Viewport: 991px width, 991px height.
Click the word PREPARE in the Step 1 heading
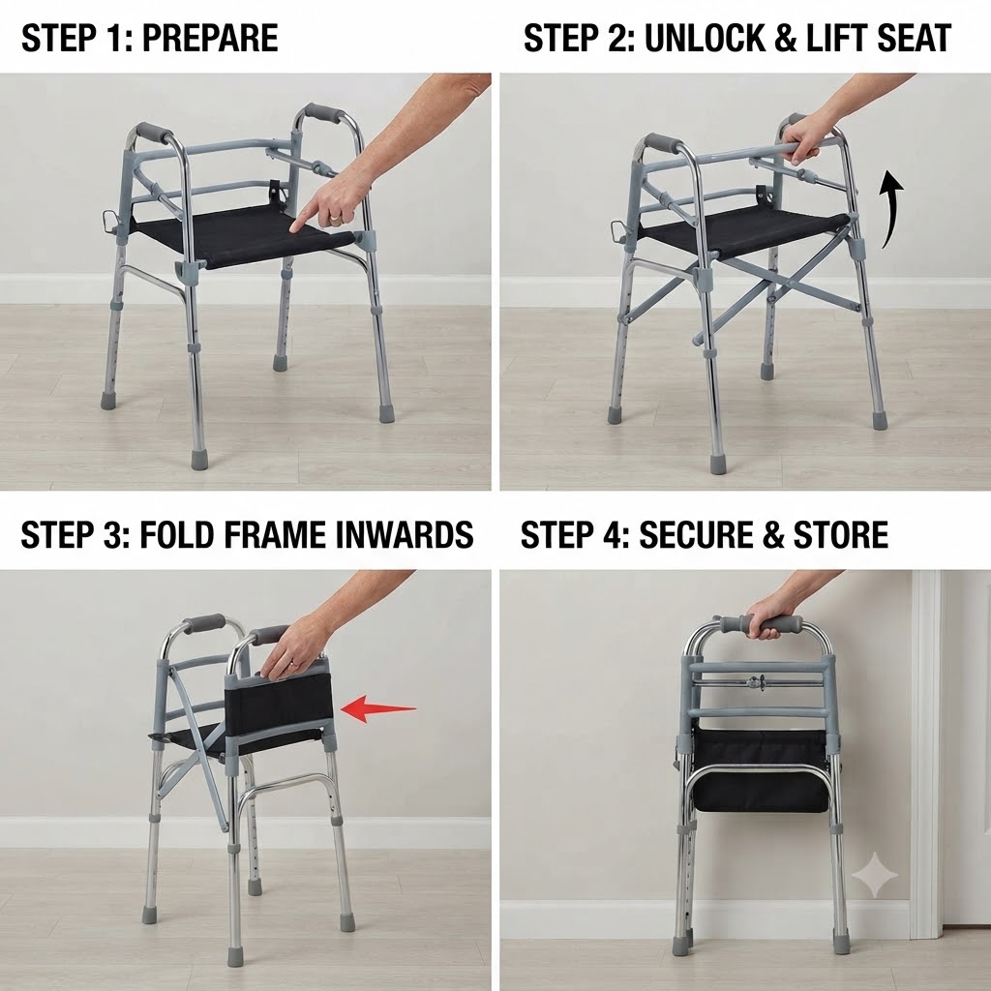tap(210, 38)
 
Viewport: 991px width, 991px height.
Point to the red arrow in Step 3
tap(378, 707)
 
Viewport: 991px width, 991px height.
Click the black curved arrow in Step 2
tap(892, 209)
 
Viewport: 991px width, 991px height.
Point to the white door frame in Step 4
tap(926, 752)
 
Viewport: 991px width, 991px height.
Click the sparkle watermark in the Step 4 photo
tap(875, 875)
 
